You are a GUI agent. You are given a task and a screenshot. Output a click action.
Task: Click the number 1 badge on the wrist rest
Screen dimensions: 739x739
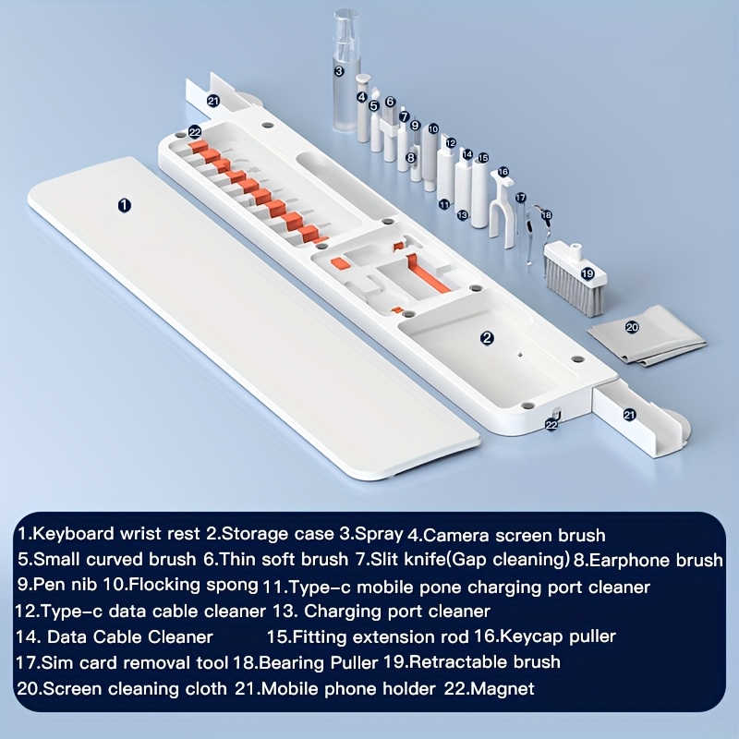click(x=124, y=205)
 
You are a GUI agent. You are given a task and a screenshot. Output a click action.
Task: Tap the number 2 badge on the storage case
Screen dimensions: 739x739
click(x=487, y=337)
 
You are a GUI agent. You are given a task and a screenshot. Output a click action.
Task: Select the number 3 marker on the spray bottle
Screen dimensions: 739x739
click(x=339, y=72)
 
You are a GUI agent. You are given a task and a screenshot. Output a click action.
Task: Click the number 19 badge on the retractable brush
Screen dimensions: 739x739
click(x=588, y=273)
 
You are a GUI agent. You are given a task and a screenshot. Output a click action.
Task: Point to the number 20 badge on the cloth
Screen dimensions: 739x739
click(x=632, y=327)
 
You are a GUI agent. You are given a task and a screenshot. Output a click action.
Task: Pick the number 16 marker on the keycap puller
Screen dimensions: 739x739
click(x=503, y=172)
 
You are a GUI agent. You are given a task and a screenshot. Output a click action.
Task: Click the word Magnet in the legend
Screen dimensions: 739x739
click(x=503, y=689)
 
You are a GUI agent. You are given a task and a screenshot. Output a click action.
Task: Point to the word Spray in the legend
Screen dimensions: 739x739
click(x=379, y=534)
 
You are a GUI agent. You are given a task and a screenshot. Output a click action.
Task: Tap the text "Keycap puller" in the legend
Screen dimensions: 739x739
click(x=558, y=636)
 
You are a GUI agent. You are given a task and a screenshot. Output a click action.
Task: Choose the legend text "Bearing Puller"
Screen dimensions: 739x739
click(x=318, y=662)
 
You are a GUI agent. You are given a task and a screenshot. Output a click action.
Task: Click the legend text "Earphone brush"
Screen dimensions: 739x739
click(x=656, y=560)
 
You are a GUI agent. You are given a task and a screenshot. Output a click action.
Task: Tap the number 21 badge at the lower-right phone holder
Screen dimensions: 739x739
click(x=629, y=415)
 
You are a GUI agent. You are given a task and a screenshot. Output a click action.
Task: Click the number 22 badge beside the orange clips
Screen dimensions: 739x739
click(x=195, y=132)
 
